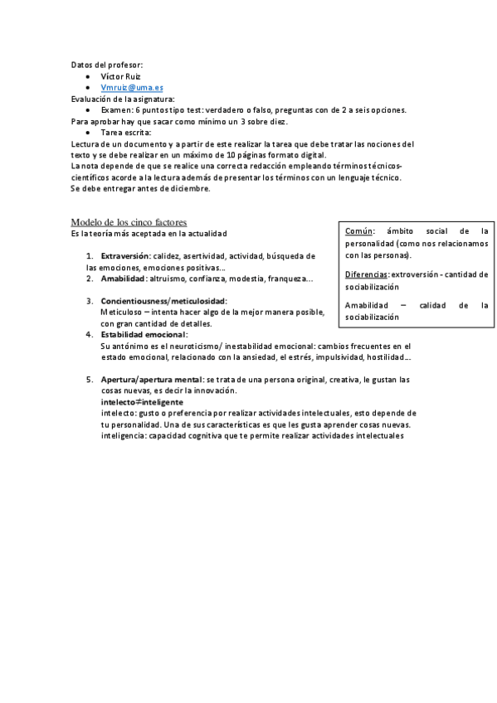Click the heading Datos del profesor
pyautogui.click(x=106, y=64)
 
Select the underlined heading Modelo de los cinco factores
pyautogui.click(x=129, y=222)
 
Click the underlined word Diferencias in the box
pyautogui.click(x=366, y=273)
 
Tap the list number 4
pyautogui.click(x=90, y=334)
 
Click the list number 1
pyautogui.click(x=90, y=255)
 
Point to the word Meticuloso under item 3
pyautogui.click(x=122, y=312)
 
